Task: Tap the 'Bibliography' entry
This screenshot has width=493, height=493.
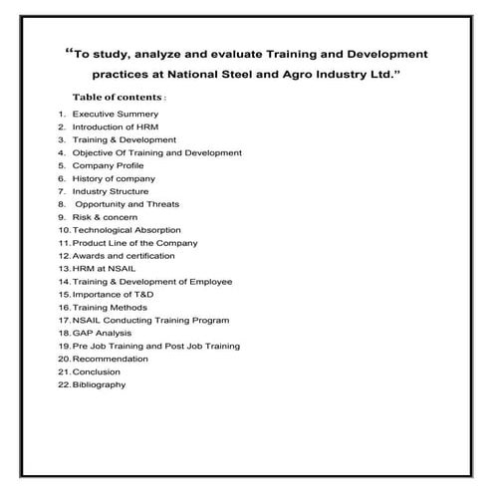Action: tap(100, 385)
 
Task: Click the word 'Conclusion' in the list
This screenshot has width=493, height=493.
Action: tap(97, 372)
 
